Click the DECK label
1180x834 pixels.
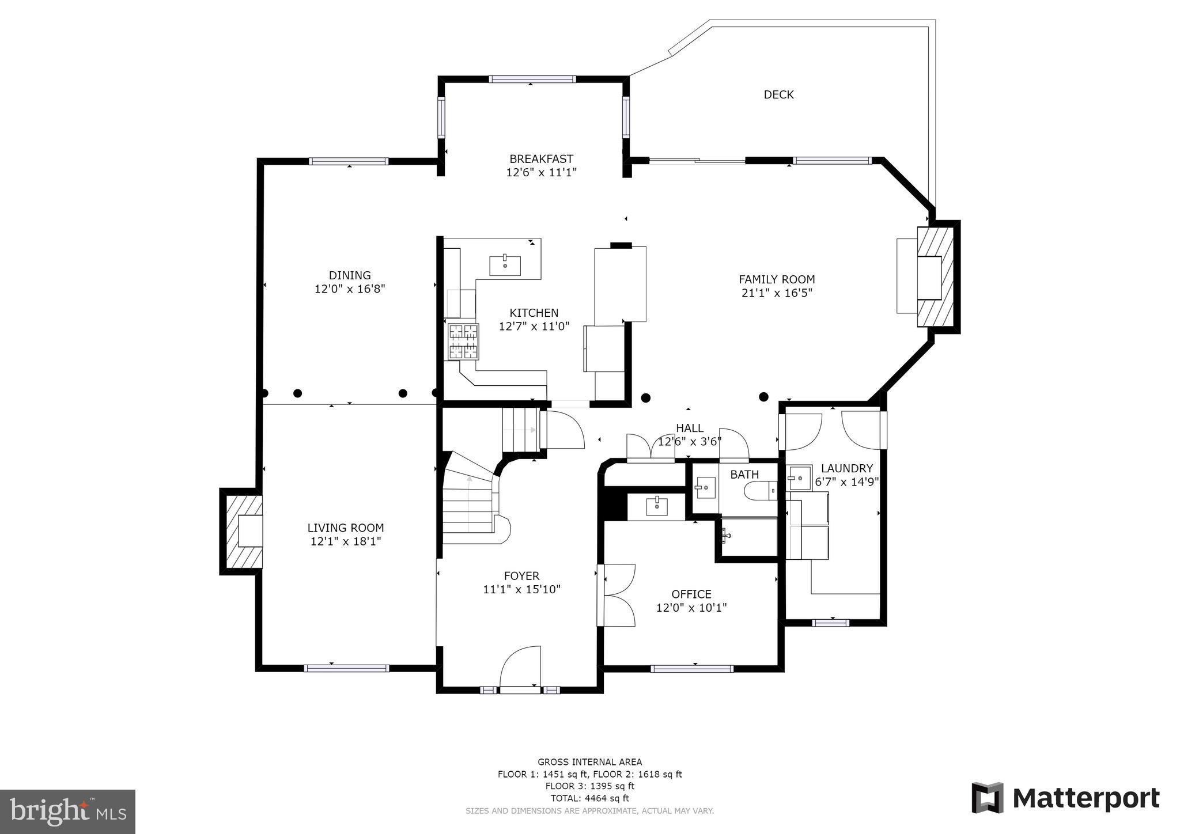point(778,94)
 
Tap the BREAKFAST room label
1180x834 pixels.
point(541,159)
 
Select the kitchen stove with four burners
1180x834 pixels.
point(463,341)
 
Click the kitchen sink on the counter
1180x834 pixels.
point(505,266)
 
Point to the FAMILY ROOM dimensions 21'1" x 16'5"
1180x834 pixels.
point(777,293)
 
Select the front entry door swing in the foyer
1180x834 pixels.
point(521,666)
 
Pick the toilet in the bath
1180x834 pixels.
point(759,491)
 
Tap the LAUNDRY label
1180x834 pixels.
point(846,468)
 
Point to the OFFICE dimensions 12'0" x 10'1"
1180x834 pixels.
point(691,608)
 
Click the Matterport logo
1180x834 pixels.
point(1065,798)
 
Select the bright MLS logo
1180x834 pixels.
point(68,812)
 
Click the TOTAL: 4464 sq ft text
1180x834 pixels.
point(589,798)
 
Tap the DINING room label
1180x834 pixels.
point(350,275)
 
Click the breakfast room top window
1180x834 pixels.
point(532,79)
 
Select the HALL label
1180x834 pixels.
point(689,428)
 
